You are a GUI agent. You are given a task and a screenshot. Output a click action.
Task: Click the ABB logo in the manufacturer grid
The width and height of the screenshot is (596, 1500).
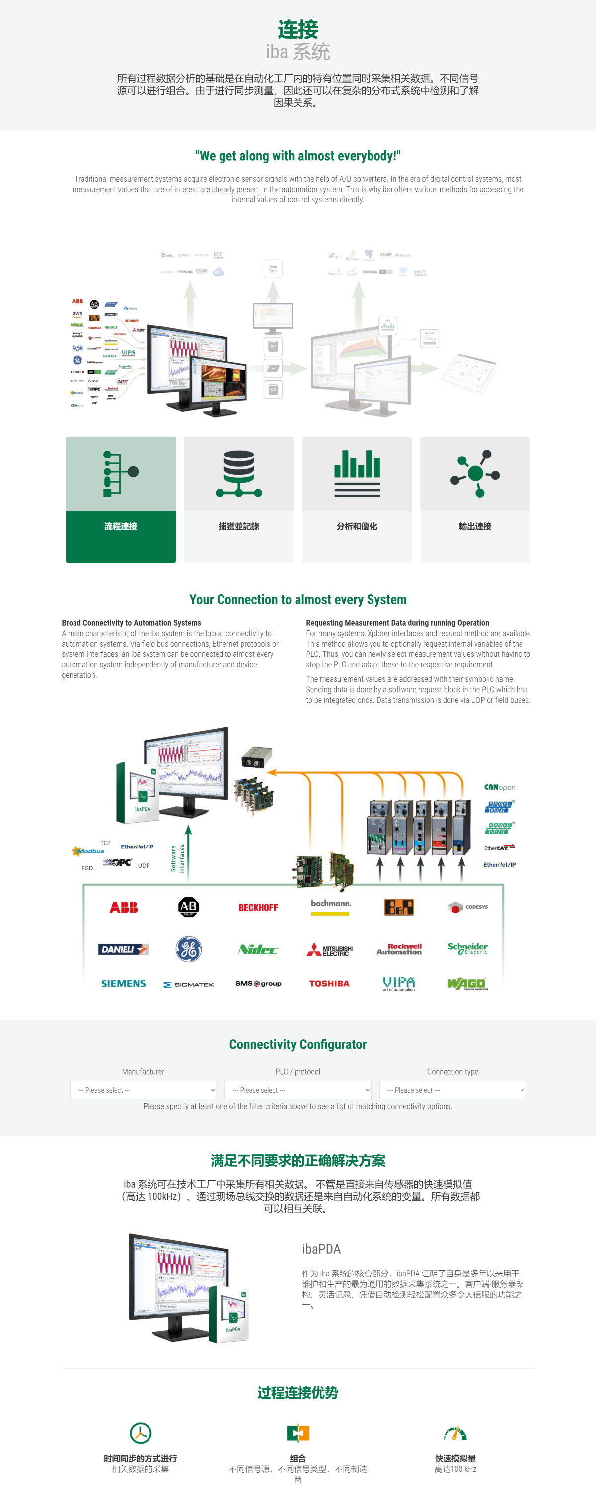(x=124, y=907)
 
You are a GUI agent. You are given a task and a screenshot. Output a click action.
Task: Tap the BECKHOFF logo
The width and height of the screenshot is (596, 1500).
(x=258, y=907)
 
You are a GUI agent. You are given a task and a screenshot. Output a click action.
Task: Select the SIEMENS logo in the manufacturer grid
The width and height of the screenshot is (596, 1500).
(x=124, y=983)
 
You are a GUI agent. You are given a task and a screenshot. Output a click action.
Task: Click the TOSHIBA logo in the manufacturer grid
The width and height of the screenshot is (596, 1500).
(x=329, y=983)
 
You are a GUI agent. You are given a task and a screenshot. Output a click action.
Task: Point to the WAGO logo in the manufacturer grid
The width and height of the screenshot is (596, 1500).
(x=467, y=983)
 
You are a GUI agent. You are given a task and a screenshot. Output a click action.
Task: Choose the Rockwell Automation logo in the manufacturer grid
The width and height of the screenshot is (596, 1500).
(x=399, y=949)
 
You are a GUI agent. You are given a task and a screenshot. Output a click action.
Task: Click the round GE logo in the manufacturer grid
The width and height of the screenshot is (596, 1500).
(x=188, y=949)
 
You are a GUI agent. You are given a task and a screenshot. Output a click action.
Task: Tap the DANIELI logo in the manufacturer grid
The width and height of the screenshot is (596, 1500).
(x=124, y=949)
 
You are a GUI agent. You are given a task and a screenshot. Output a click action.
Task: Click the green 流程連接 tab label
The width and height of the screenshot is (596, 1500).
(x=121, y=526)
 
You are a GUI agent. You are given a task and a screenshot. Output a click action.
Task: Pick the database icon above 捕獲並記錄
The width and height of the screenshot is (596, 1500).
(x=239, y=473)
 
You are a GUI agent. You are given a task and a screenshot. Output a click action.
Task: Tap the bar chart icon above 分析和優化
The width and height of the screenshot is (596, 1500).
(x=357, y=473)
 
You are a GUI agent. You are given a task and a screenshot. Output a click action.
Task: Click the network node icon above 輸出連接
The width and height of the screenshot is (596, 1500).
(x=475, y=473)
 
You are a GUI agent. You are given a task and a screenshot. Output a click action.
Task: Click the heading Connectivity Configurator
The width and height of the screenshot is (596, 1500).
(x=298, y=1044)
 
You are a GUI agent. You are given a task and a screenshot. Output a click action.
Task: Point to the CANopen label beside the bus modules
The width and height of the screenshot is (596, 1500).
(x=499, y=787)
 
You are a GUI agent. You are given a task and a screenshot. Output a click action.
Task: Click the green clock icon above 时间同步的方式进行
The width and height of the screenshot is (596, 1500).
(x=141, y=1433)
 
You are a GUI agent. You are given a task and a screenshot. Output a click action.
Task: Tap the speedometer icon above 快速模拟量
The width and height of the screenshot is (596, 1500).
(x=455, y=1433)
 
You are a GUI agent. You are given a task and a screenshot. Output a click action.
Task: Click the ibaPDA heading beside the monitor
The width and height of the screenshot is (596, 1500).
(x=321, y=1249)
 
